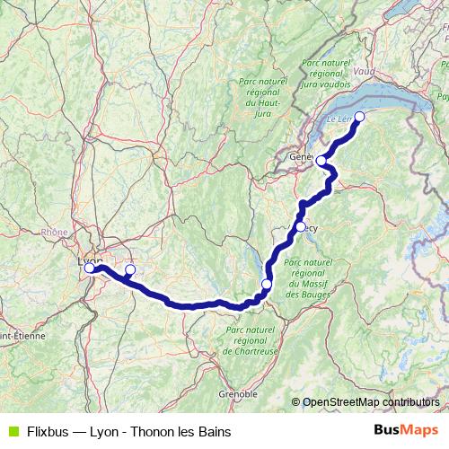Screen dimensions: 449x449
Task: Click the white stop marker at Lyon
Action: (89, 268)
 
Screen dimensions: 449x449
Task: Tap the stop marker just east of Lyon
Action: (129, 269)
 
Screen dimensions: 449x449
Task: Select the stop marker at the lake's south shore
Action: (359, 116)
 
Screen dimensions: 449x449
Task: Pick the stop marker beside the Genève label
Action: (321, 161)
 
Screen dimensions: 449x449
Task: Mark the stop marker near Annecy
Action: (300, 226)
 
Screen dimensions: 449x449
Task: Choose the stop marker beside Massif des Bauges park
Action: (266, 285)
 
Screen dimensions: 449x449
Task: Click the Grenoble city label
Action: (238, 394)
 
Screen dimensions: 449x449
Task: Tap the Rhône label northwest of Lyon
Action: (55, 232)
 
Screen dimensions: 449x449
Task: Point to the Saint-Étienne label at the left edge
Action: (17, 336)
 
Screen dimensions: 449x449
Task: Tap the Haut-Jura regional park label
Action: (264, 97)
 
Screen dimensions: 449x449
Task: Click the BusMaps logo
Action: (406, 430)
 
